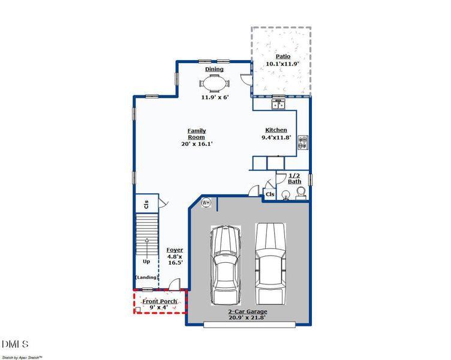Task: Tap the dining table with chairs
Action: click(214, 83)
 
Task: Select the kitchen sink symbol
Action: click(279, 105)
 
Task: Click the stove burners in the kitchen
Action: click(303, 143)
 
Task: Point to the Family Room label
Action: click(197, 134)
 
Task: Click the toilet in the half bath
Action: click(300, 192)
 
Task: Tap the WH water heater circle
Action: click(206, 203)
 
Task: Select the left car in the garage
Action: click(225, 265)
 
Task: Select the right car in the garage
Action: click(270, 263)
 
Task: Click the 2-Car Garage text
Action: click(248, 312)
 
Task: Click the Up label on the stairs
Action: click(146, 262)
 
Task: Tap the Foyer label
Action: click(175, 250)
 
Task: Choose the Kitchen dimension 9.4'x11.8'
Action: click(276, 137)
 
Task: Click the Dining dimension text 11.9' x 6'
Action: click(215, 97)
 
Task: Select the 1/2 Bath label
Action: click(294, 178)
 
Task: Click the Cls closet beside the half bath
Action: click(270, 194)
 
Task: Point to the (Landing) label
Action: click(147, 277)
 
